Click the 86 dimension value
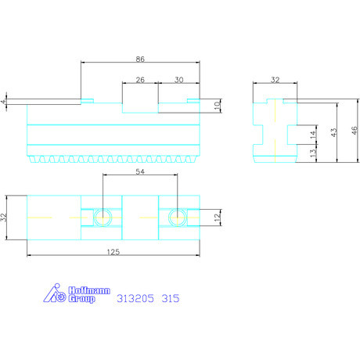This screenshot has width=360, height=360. pyautogui.click(x=141, y=59)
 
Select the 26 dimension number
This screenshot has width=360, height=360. pyautogui.click(x=139, y=79)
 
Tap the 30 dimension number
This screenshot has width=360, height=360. pyautogui.click(x=179, y=79)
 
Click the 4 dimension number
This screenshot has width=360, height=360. pyautogui.click(x=4, y=102)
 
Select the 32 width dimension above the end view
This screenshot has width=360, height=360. pyautogui.click(x=274, y=79)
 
